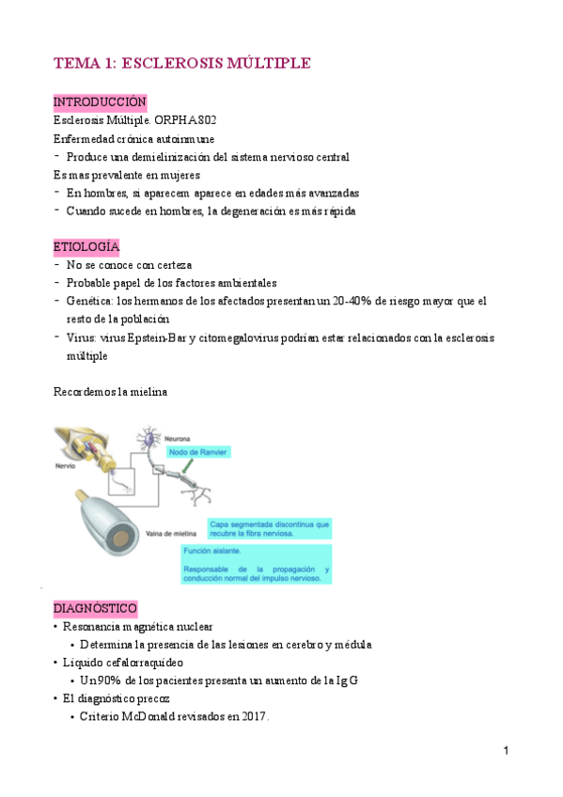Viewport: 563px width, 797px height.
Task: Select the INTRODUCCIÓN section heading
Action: [100, 102]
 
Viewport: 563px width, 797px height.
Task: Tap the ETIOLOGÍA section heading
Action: [86, 246]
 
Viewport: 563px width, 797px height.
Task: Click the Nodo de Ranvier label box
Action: [199, 452]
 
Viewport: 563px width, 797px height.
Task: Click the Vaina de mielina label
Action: [167, 531]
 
